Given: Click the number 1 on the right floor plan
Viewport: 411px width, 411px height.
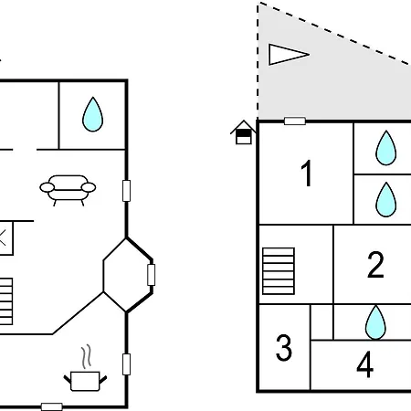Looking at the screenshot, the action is [307, 173].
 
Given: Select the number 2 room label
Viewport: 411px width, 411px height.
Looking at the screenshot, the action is [375, 265].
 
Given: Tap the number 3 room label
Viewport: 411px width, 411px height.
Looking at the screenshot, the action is [284, 348].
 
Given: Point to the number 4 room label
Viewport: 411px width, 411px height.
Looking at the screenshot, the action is [364, 364].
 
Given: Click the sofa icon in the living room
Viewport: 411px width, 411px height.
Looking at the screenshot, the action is [68, 190].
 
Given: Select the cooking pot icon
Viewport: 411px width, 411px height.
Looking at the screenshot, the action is [85, 381].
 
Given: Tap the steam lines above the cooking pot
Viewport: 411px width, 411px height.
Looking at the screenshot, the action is [87, 356].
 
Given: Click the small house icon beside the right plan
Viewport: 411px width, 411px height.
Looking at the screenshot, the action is [243, 132].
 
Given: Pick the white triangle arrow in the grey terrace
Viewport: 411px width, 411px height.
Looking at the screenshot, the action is [289, 55].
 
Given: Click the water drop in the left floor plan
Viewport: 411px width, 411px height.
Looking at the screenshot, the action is [92, 114].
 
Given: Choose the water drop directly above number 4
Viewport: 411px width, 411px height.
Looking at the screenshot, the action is [375, 322].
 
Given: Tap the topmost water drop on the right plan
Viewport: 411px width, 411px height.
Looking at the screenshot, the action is [386, 148].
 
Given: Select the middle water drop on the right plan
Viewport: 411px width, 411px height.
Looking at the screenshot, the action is [386, 199].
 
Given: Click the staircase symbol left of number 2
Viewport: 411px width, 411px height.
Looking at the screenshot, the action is [279, 271].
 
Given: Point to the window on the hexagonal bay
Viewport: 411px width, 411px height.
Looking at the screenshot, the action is [151, 275].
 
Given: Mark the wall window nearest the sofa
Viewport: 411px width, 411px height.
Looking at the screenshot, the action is [126, 191].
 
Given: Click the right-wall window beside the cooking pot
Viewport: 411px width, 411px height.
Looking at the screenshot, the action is [126, 364].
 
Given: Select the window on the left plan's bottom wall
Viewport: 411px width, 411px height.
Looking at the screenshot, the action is [52, 406].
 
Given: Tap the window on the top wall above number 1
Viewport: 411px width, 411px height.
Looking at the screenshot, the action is [295, 121].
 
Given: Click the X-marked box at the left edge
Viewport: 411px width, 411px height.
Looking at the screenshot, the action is [6, 238].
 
